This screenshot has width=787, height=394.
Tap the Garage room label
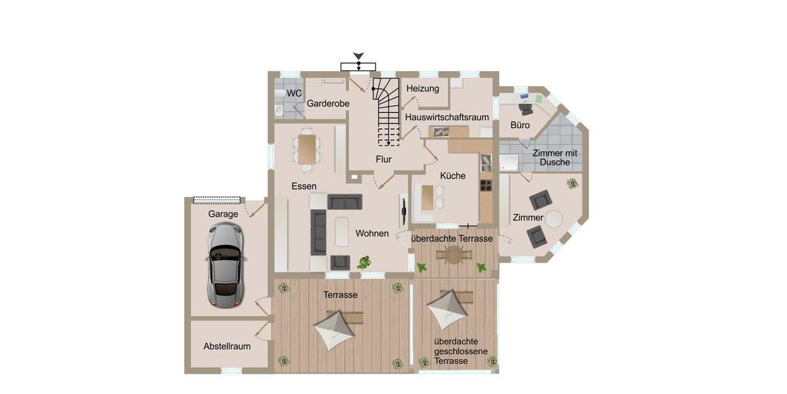pos(223,214)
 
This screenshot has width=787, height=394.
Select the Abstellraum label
pos(227,346)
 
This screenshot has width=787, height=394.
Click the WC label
pos(294,93)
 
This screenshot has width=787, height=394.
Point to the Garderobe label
pos(328,104)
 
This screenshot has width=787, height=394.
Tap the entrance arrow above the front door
pos(358,58)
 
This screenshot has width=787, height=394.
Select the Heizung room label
pos(423,89)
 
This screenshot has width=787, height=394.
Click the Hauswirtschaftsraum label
pos(447,117)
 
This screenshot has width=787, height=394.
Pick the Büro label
pos(520,125)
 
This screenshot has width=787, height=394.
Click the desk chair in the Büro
pos(525,108)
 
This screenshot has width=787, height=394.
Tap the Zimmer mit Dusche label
pos(555,157)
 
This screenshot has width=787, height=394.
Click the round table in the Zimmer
pos(555,218)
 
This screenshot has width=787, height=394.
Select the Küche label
pos(453,176)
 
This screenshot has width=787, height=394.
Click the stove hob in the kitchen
pos(486,185)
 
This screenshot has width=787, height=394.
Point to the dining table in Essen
pos(307,148)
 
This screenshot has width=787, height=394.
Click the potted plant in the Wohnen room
pos(363,262)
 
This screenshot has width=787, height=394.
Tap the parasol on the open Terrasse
pos(335,328)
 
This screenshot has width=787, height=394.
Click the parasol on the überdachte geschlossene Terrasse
pos(448,309)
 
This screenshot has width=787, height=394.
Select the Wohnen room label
pos(372,233)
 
